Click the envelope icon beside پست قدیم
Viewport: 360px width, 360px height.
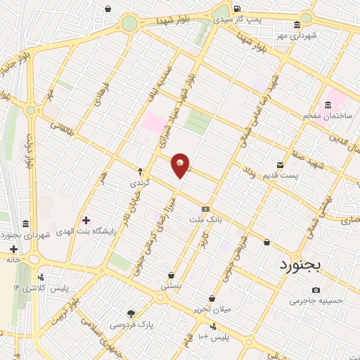point(281,165)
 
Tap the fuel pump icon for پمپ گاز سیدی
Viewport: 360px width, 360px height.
point(236,10)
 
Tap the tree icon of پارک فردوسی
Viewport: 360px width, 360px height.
point(131,314)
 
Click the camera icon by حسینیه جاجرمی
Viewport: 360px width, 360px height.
point(316,290)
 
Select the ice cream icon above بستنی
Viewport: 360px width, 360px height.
point(172,275)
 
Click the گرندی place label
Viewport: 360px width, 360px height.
point(139,183)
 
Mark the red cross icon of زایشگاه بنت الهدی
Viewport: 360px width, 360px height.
point(86,220)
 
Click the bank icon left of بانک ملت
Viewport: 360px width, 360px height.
point(205,208)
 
